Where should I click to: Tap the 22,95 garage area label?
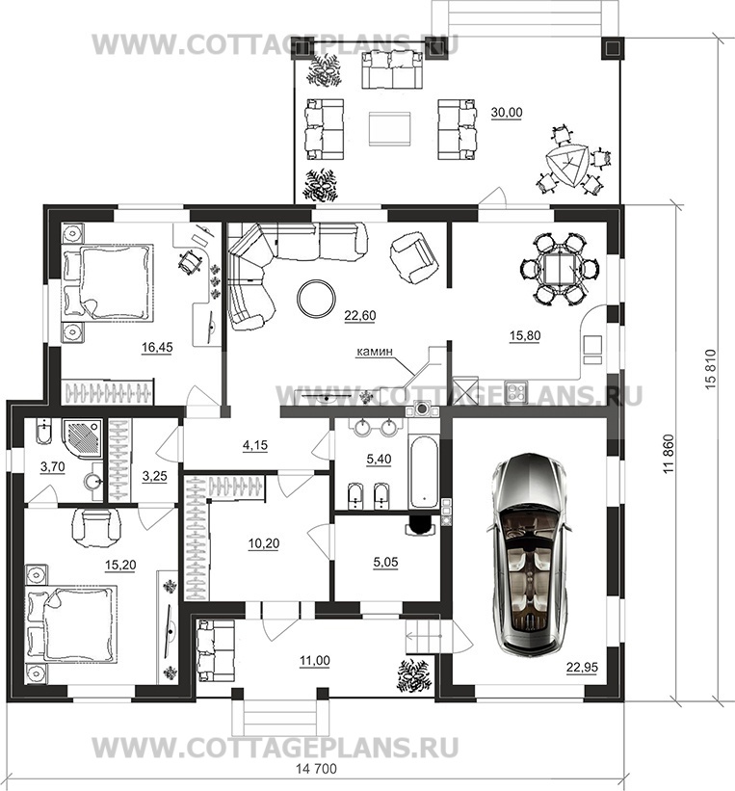tap(582, 668)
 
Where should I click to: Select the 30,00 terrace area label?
tap(507, 113)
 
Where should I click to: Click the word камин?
tap(374, 352)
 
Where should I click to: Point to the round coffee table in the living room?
tap(316, 298)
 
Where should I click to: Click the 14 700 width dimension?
tap(316, 769)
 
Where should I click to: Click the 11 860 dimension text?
tap(669, 454)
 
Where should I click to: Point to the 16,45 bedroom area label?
tap(157, 347)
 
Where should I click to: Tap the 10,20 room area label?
tap(263, 543)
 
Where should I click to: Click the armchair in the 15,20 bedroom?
tap(97, 527)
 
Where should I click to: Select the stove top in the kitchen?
tap(516, 391)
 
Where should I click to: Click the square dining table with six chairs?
tap(560, 269)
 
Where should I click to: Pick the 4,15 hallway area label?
tap(255, 445)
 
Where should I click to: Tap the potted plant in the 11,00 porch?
tap(414, 675)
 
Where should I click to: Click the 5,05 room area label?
tap(385, 563)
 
